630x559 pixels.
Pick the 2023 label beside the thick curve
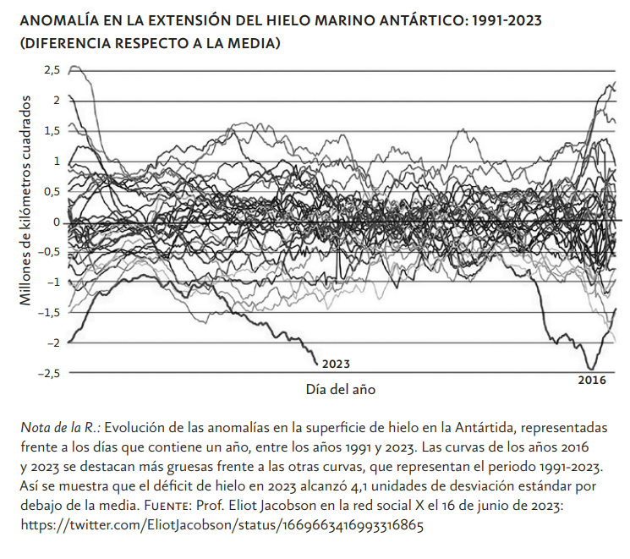point(335,364)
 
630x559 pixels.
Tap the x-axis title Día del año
point(340,391)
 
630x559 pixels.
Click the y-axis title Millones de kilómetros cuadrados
point(25,201)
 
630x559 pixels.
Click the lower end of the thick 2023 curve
point(317,365)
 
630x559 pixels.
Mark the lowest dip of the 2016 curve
point(589,368)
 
